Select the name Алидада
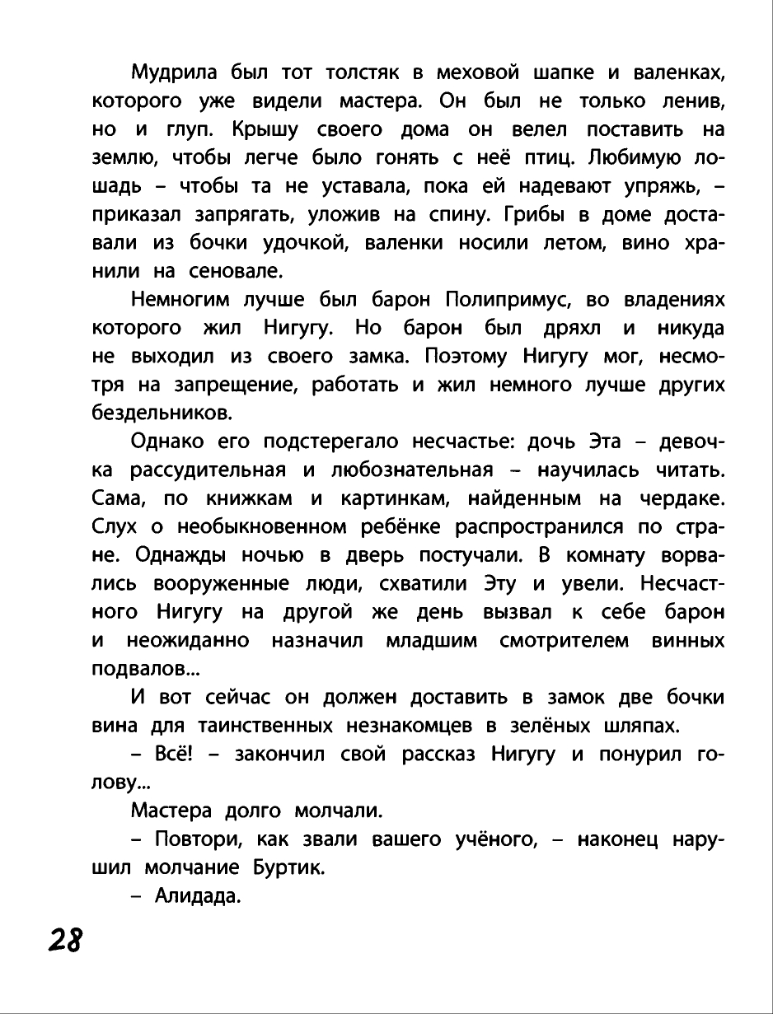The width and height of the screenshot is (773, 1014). (x=198, y=896)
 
